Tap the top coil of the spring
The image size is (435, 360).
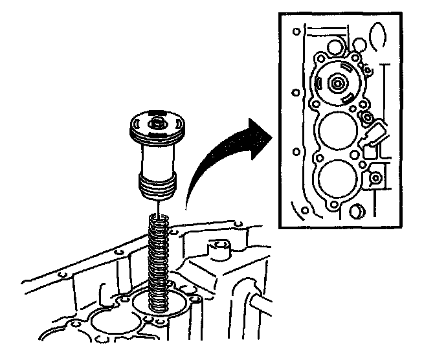159,219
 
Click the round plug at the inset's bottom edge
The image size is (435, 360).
357,212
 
